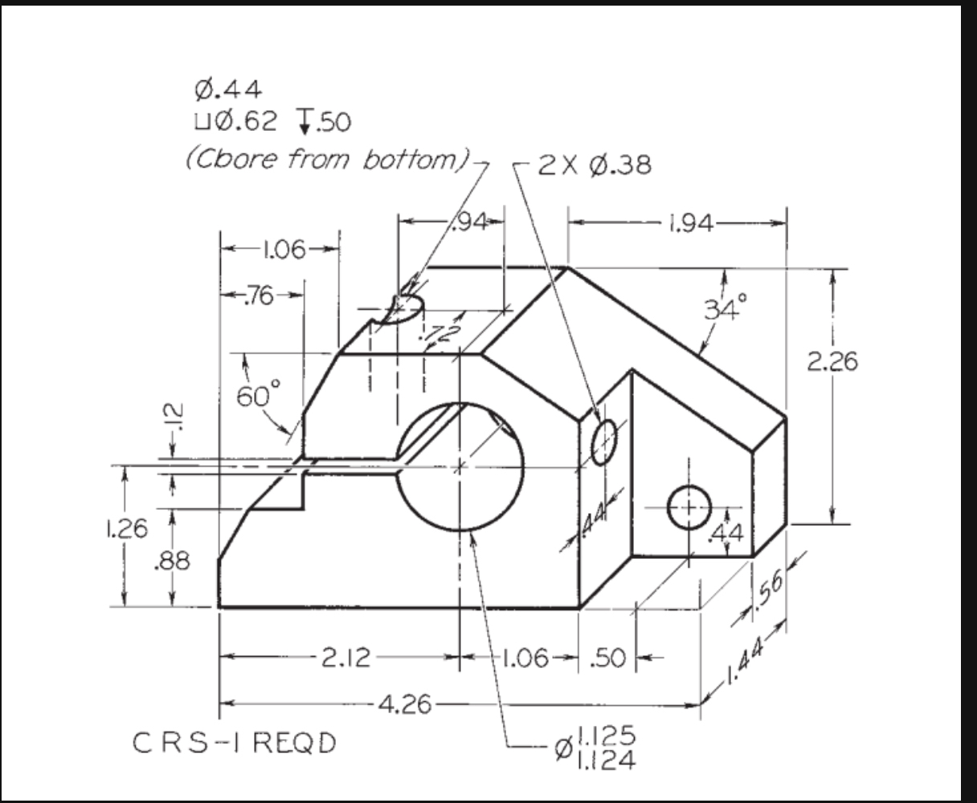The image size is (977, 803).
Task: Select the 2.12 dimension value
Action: tap(346, 658)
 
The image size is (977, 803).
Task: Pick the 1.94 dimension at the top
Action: tap(690, 223)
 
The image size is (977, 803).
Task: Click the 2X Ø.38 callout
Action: tap(595, 165)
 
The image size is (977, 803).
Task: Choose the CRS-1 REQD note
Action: tap(233, 744)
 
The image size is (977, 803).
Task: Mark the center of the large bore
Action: tap(460, 467)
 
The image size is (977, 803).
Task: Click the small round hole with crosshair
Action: tap(689, 507)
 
